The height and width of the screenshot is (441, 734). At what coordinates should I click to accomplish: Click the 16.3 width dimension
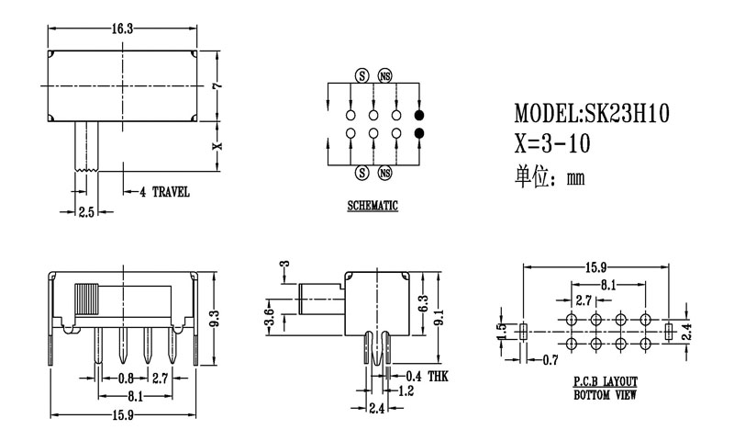pos(124,29)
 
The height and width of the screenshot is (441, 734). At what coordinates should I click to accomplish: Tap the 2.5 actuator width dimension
pos(86,212)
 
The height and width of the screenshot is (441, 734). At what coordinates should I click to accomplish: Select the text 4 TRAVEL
pos(164,192)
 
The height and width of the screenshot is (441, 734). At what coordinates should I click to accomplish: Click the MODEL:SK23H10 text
pos(592,114)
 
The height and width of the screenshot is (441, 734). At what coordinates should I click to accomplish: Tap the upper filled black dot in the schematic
pos(419,115)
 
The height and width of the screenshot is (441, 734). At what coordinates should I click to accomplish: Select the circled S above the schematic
pos(361,75)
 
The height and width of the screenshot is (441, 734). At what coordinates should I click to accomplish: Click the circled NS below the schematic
pos(384,173)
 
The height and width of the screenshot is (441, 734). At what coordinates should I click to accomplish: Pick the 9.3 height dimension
pos(215,318)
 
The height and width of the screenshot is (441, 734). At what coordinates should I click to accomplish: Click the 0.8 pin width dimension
pos(125,378)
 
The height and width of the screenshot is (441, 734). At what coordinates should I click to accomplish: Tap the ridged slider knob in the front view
pos(86,300)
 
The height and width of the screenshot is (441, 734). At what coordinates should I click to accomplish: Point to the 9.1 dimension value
pos(439,317)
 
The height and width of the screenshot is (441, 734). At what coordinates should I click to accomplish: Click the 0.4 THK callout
pos(425,377)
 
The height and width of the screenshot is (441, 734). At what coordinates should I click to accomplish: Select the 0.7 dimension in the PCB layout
pos(550,358)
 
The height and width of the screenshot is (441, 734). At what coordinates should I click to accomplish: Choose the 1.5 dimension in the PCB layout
pos(501,332)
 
